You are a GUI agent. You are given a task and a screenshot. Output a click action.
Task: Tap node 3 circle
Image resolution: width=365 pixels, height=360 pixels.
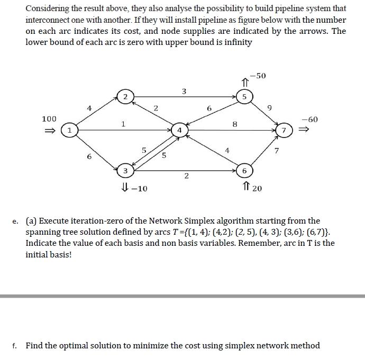124,171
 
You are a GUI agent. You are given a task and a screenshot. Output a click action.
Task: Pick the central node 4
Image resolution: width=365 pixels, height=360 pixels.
180,130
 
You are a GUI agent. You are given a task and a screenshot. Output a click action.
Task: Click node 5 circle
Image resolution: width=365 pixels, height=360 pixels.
244,96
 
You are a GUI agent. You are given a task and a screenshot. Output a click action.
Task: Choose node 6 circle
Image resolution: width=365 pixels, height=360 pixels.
244,171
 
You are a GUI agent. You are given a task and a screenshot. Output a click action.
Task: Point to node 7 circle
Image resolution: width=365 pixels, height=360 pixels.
284,130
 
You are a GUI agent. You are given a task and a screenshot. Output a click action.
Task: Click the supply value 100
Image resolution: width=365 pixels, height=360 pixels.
49,119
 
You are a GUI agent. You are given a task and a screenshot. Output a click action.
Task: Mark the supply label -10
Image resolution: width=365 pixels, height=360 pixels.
139,188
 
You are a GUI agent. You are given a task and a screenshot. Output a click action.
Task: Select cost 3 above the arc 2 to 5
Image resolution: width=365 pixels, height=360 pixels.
184,91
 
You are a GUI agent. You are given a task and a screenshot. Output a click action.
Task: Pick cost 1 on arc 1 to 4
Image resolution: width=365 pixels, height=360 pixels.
123,124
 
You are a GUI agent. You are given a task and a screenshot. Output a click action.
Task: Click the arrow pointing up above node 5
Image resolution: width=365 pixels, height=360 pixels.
244,82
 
